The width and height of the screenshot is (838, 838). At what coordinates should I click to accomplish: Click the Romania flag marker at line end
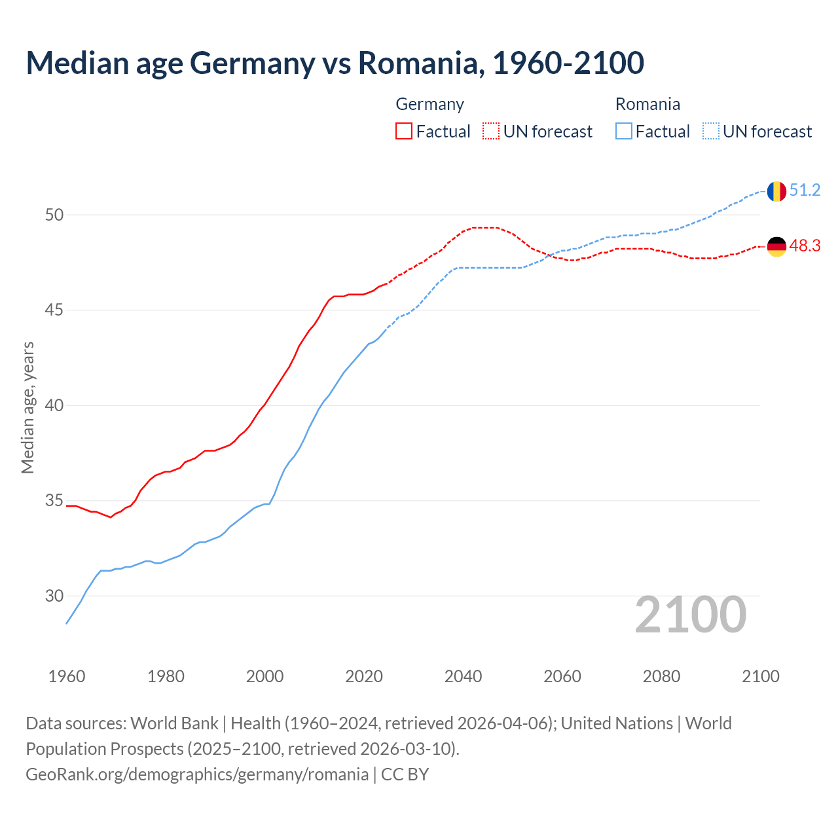[776, 191]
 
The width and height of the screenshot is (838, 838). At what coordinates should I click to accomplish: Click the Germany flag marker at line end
[776, 247]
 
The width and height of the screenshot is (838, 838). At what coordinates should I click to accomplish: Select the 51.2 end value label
[805, 191]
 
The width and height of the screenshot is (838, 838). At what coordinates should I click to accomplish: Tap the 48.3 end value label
[805, 246]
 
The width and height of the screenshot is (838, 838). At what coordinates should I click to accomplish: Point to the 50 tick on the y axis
[54, 215]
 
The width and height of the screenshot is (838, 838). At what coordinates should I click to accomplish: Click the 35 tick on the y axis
[54, 501]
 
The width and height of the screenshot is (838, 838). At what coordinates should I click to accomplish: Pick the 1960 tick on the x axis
[67, 676]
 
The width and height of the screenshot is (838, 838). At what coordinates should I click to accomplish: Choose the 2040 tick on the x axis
[463, 676]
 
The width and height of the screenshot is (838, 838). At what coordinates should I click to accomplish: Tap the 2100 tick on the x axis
[760, 676]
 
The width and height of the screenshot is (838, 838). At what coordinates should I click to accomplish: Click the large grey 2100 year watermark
[690, 615]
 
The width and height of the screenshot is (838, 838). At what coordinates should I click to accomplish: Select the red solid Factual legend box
[404, 132]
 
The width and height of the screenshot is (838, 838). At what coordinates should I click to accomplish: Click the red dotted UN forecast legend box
[491, 132]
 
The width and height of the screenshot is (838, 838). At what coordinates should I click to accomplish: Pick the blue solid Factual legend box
[624, 132]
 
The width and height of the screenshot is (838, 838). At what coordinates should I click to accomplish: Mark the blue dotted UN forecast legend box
[710, 132]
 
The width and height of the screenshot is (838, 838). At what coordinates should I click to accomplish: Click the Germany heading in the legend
[429, 104]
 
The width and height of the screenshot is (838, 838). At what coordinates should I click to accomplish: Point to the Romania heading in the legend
[647, 104]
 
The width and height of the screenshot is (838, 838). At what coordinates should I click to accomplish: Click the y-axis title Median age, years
[27, 407]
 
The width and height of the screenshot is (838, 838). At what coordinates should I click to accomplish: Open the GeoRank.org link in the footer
[197, 774]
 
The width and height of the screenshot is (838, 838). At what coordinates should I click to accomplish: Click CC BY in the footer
[405, 774]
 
